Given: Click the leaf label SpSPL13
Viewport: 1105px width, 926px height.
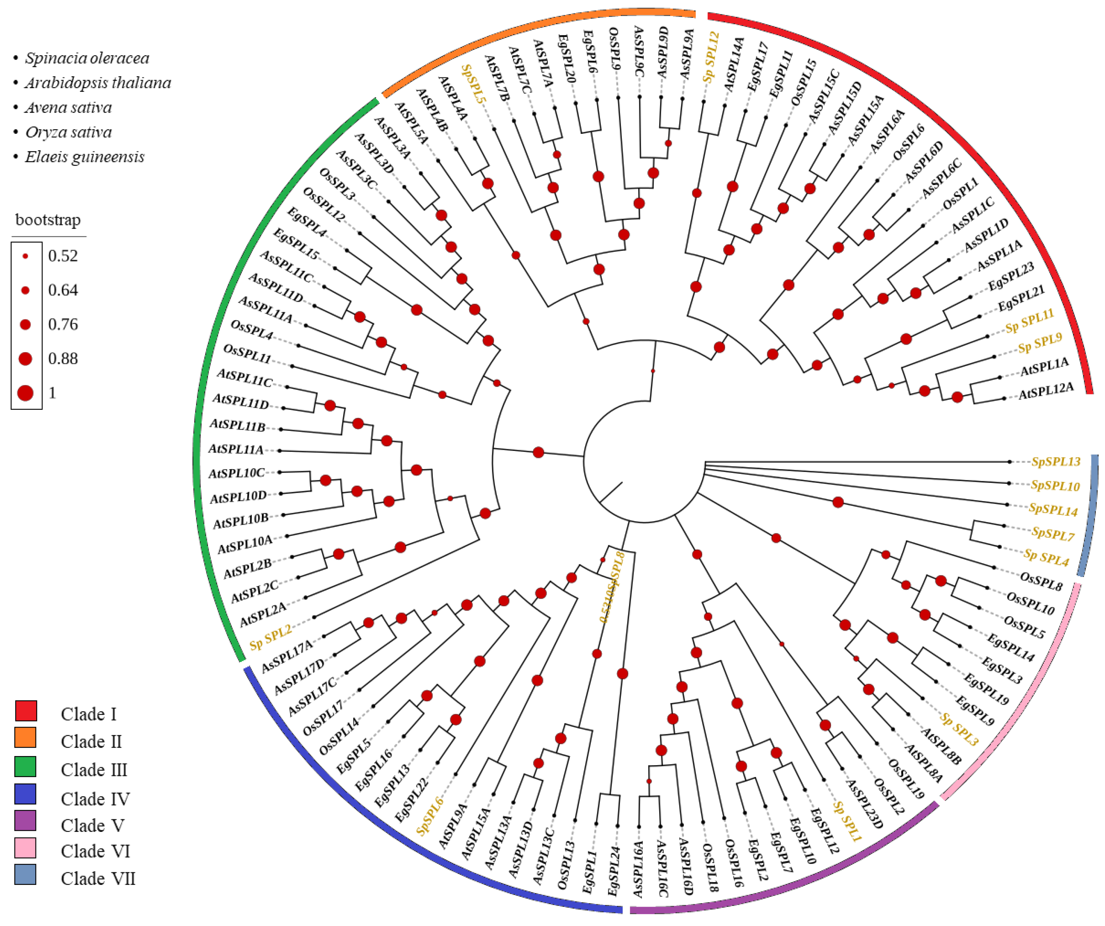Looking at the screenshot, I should [x=1055, y=461].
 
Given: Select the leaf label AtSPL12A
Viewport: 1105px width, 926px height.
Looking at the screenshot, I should [x=1046, y=392].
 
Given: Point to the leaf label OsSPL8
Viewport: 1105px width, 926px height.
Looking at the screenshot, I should [x=1041, y=582].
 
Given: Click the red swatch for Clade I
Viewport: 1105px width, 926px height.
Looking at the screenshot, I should [x=26, y=710].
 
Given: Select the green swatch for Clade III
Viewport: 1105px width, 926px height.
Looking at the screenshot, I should [x=26, y=767].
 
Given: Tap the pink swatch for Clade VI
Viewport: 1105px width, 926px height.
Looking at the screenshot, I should [x=26, y=848].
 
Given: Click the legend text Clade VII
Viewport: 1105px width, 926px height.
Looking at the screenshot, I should [x=98, y=878].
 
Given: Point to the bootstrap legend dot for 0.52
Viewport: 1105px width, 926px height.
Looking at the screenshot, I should [x=25, y=256].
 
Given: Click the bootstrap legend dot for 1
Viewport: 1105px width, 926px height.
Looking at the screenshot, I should [x=25, y=393].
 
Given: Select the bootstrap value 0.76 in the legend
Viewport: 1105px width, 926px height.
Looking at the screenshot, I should [x=63, y=324].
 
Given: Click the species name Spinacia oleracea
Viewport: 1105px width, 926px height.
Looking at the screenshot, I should [x=87, y=58].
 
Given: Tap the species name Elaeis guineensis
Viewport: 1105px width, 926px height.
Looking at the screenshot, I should [x=84, y=157].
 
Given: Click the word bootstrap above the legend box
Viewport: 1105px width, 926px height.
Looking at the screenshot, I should [x=48, y=219].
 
